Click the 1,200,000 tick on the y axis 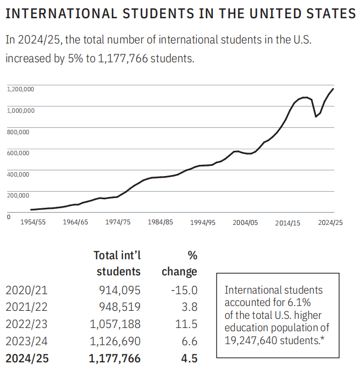(20, 89)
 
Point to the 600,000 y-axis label (19, 153)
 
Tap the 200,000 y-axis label (19, 195)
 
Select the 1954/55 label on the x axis (33, 222)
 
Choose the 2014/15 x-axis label (287, 223)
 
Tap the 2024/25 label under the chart (329, 222)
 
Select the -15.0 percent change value (185, 290)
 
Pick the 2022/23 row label (26, 324)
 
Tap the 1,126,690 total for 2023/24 (114, 341)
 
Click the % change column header (179, 263)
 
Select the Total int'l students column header (117, 263)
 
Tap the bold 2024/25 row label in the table (27, 358)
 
